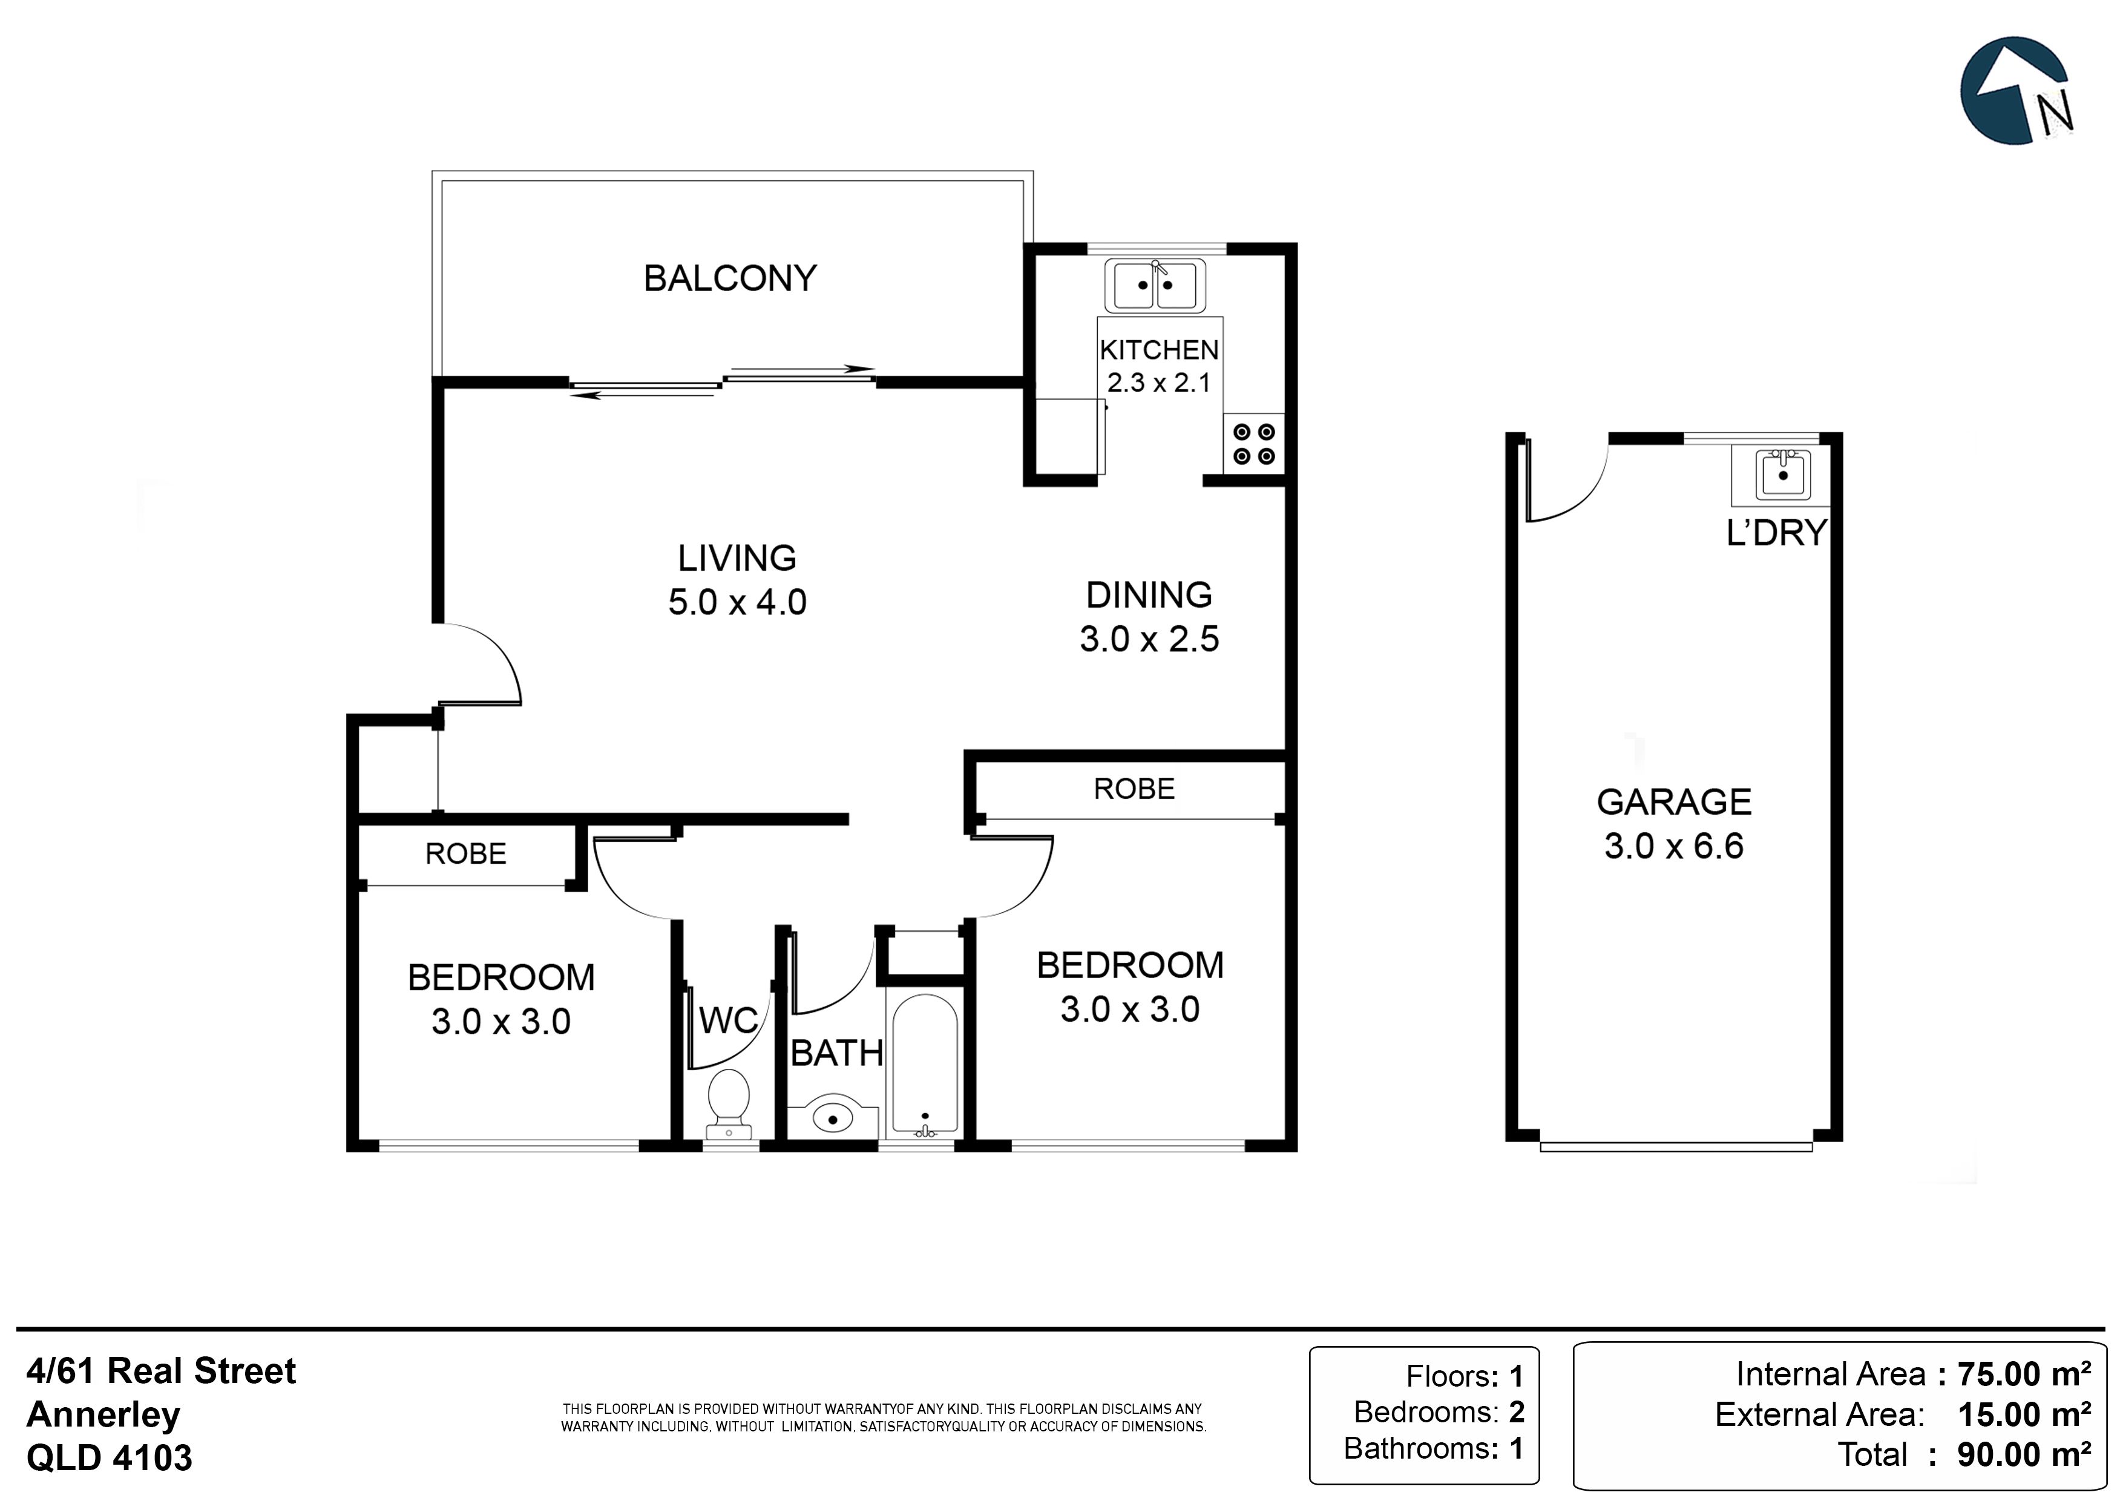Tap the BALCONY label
pos(730,278)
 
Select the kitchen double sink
pos(1155,285)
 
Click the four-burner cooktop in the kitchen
pos(1254,444)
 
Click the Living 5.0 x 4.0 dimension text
pos(738,602)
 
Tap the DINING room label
pos(1149,595)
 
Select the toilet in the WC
pos(729,1104)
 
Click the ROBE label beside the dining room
pos(1135,788)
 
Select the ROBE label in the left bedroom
pos(466,853)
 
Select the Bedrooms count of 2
pos(1517,1411)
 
